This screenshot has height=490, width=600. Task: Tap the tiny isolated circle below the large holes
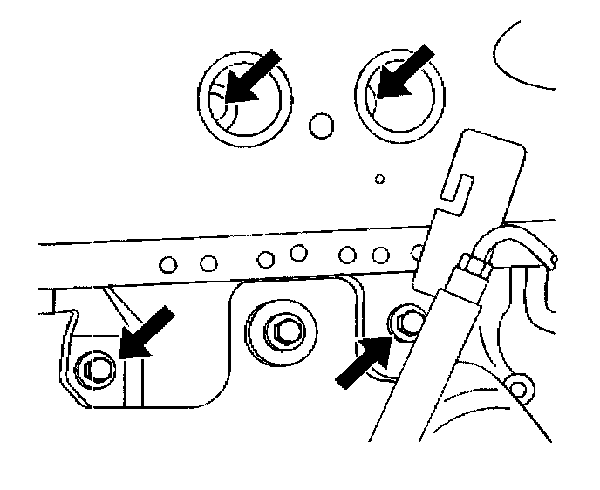point(379,180)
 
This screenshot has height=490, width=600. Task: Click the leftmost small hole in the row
point(170,261)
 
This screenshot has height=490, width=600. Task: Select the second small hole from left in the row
point(208,261)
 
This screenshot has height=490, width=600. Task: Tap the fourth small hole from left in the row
point(299,254)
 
